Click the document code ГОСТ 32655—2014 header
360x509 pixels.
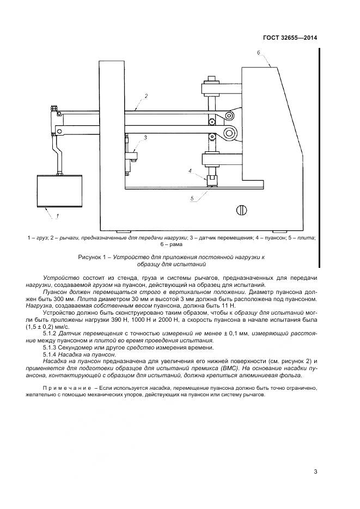[291, 38]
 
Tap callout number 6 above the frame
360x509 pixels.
[259, 52]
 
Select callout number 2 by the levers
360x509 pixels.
[146, 96]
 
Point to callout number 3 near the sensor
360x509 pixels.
[146, 138]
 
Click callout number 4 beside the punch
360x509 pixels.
[190, 171]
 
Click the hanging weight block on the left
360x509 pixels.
[58, 191]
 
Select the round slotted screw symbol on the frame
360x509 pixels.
[242, 210]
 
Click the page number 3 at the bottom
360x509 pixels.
[315, 471]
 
